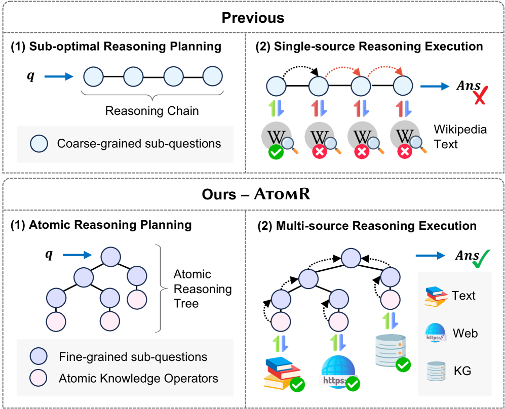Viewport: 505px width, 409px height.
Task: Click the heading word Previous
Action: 253,19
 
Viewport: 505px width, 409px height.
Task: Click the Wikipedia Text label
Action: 460,137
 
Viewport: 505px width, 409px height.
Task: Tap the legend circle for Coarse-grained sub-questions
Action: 39,143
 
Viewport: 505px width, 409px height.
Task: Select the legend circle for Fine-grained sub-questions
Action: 39,356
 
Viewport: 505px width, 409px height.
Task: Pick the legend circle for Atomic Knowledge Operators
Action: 39,378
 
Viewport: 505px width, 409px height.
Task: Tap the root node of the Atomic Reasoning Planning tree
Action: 111,256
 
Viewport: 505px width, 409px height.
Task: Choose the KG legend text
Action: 462,371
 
